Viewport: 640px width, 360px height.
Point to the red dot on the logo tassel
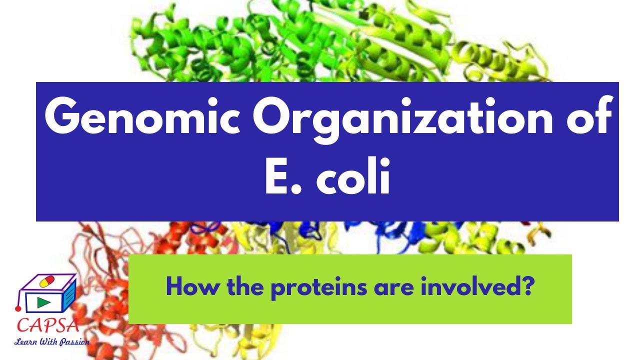[x=18, y=309]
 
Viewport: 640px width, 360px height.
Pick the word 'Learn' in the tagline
[x=25, y=342]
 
